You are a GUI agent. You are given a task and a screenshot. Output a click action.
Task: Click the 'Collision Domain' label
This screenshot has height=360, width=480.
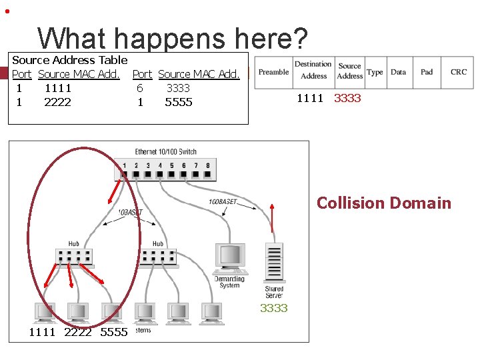click(x=383, y=203)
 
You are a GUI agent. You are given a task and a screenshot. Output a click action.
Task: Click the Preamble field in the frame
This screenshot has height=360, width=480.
click(x=273, y=72)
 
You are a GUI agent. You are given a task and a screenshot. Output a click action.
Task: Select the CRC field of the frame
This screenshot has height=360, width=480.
click(x=459, y=72)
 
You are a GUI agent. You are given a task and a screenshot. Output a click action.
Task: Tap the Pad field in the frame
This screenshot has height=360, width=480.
click(x=427, y=72)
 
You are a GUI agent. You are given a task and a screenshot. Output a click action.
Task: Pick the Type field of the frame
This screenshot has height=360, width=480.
click(x=375, y=72)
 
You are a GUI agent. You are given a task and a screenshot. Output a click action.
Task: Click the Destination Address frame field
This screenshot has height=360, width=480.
click(x=313, y=71)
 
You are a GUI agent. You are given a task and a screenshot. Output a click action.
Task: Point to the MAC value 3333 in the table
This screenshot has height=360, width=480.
click(x=178, y=88)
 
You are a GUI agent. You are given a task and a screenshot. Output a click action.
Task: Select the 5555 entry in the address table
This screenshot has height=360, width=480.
click(x=178, y=102)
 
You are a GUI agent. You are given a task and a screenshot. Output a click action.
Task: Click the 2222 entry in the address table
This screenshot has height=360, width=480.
click(x=57, y=102)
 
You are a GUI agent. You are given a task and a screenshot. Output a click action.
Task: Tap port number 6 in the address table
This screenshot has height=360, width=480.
click(x=139, y=88)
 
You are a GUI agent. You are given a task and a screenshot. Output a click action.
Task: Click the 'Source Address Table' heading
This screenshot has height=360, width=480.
click(x=70, y=60)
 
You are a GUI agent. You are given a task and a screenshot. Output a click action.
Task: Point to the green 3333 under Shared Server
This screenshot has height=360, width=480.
click(x=273, y=307)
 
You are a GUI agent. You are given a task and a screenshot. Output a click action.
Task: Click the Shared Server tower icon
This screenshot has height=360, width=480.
click(x=273, y=263)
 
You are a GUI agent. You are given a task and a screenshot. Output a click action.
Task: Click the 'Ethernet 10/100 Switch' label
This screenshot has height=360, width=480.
click(x=165, y=152)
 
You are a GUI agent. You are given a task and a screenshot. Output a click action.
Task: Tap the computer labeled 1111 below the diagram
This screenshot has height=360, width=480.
click(x=44, y=311)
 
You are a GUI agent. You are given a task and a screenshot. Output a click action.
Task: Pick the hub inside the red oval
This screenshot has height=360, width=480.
click(x=73, y=256)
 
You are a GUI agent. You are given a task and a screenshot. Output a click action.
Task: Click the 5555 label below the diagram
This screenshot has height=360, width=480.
click(x=113, y=331)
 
